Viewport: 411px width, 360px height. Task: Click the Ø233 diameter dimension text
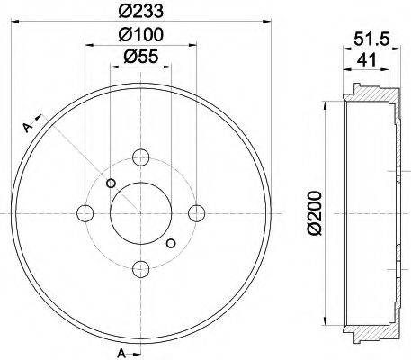click(x=140, y=12)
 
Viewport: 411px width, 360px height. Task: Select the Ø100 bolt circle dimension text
click(x=140, y=35)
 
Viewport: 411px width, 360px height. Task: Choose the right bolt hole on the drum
click(x=195, y=213)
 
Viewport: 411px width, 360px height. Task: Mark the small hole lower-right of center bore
click(x=171, y=242)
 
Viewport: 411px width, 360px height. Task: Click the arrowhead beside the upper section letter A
click(x=40, y=115)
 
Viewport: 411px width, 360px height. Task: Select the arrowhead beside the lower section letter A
click(x=138, y=347)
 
